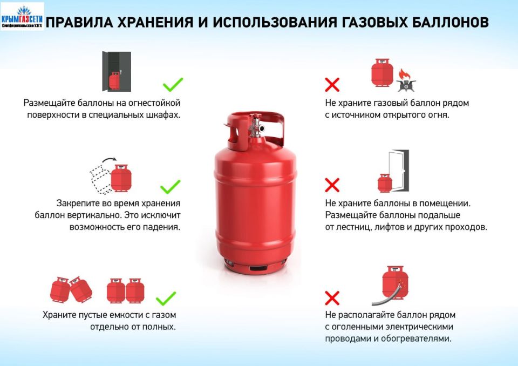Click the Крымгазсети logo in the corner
coord(22,16)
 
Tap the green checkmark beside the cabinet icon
coord(173,85)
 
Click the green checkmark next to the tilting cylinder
coord(171,187)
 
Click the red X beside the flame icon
coord(332,84)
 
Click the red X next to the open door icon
coord(332,186)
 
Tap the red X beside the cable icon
coord(332,297)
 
